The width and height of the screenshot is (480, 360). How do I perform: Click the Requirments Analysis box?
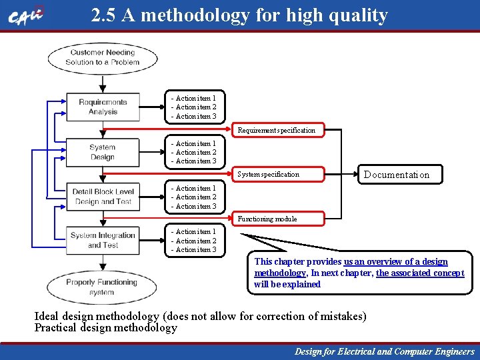point(103,107)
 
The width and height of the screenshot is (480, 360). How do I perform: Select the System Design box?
point(102,152)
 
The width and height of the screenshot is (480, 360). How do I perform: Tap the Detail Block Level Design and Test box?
point(103,197)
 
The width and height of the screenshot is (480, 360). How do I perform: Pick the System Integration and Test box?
point(103,240)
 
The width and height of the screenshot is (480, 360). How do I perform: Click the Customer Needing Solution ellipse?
point(102,58)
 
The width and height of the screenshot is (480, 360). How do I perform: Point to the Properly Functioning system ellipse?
point(102,287)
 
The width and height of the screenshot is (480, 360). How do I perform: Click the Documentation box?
point(396,175)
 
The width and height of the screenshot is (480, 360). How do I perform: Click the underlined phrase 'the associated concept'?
point(420,273)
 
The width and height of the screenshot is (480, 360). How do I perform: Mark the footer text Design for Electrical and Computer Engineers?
point(385,351)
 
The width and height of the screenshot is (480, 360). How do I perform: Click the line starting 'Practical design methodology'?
point(106,327)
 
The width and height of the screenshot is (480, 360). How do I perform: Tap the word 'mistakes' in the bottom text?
point(340,316)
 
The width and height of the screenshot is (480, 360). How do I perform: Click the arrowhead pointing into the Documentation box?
point(356,175)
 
